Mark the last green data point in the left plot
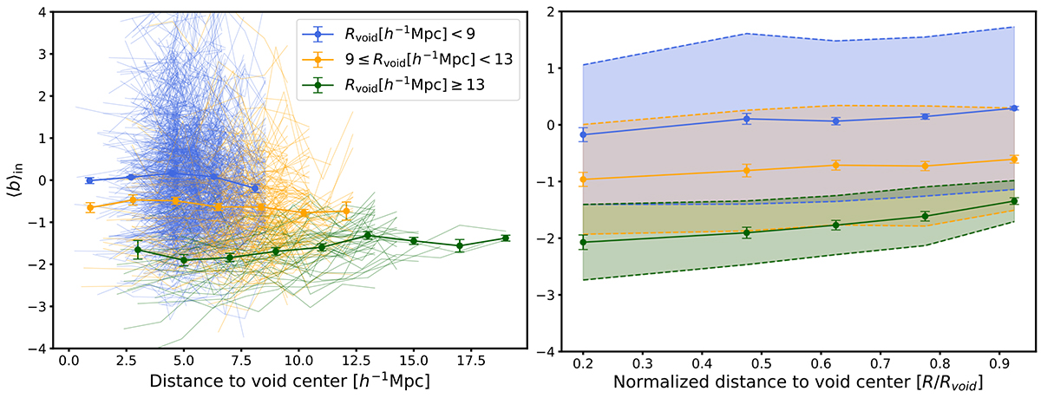(x=505, y=238)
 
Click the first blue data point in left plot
(x=89, y=180)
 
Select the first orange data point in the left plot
(x=89, y=207)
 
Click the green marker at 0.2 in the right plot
(x=582, y=242)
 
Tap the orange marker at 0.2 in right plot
(x=582, y=179)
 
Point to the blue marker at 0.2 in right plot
(x=582, y=134)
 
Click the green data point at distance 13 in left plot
(x=368, y=235)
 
